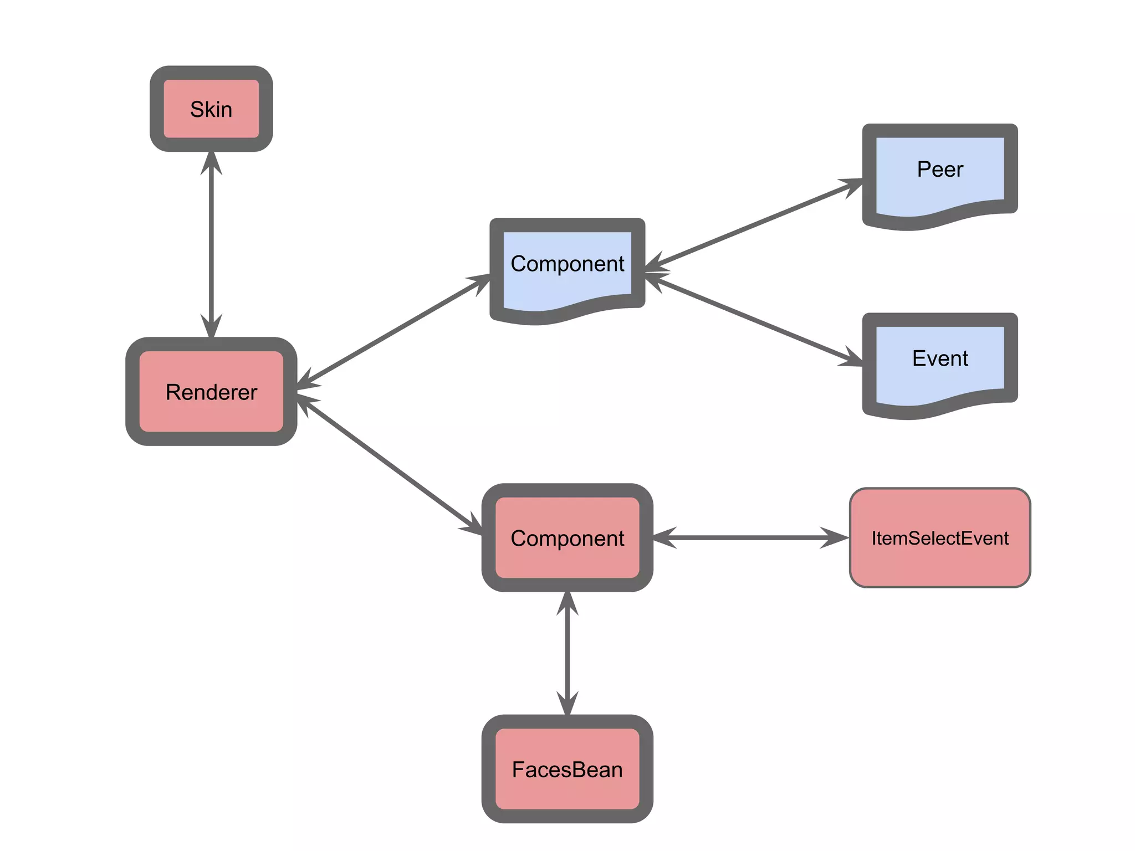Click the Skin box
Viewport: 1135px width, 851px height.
pos(211,109)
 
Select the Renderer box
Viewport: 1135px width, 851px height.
pos(211,392)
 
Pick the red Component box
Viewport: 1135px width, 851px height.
pos(567,538)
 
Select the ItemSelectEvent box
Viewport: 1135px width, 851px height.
pos(940,538)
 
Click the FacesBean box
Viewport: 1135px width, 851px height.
pos(567,769)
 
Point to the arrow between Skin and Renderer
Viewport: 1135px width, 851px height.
pos(211,244)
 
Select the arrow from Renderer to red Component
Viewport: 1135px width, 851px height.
pos(388,465)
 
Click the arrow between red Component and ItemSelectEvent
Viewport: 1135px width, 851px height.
pos(751,537)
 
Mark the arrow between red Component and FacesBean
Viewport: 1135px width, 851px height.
pos(567,654)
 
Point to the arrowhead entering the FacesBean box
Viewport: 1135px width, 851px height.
pos(567,704)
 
